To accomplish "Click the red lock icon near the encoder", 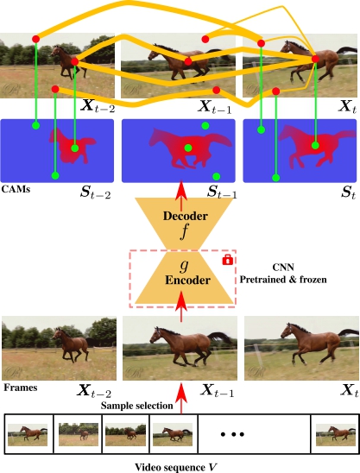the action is pos(228,260).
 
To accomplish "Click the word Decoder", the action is pos(186,216).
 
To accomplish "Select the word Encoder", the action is pos(187,280).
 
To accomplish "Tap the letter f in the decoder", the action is pos(184,231).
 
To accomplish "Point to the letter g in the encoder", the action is pos(184,265).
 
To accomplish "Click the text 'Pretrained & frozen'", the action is pos(283,280).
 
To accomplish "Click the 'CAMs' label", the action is pos(16,189).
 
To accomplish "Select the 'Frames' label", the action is pos(21,388).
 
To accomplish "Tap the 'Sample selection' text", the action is pos(137,406).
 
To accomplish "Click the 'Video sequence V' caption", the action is pos(176,467).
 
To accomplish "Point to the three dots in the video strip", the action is pos(232,434).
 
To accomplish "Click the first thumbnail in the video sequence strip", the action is pos(28,435).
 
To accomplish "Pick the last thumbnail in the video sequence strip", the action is pos(336,435).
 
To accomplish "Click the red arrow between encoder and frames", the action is pos(181,306).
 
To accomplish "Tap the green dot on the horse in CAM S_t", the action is pos(315,146).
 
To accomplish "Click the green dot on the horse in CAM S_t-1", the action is pos(188,148).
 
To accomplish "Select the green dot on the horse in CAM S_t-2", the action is pos(75,148).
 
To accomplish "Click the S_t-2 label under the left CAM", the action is pos(95,192).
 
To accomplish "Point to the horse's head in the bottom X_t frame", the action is pos(287,331).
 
